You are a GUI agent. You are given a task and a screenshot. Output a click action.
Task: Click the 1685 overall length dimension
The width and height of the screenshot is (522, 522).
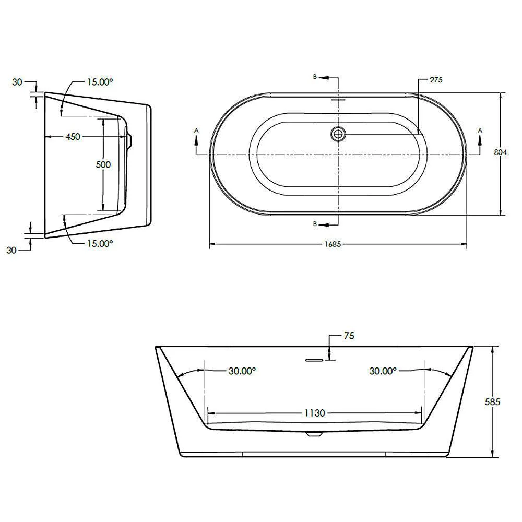pos(333,244)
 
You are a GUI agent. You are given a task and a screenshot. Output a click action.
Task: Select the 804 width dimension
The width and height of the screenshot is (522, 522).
pos(501,152)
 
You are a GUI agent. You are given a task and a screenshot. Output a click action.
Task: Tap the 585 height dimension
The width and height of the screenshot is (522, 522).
pos(492,402)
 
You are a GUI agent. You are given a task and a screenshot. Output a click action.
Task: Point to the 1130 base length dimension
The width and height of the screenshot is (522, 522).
pos(315,413)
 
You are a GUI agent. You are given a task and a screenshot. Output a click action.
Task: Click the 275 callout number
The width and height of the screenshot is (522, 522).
pos(436,79)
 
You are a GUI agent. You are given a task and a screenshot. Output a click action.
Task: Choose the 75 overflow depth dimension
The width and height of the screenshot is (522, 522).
pos(349,336)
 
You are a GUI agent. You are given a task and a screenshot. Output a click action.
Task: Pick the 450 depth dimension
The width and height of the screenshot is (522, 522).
pos(73,136)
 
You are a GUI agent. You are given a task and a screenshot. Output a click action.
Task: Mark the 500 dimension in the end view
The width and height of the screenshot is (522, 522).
pos(103,164)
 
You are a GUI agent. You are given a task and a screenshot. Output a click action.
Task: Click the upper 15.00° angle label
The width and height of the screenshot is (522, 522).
pos(100,82)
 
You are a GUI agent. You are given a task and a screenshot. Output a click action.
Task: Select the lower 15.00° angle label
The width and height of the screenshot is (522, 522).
pos(100,243)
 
